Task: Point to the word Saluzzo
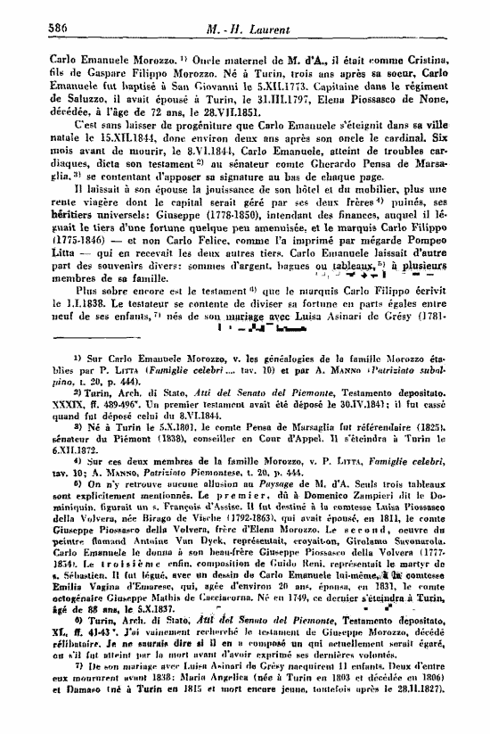pyautogui.click(x=62, y=86)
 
